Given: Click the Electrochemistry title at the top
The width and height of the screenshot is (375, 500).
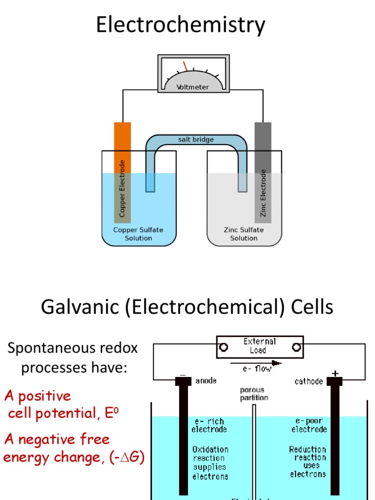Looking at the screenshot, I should click(x=181, y=25).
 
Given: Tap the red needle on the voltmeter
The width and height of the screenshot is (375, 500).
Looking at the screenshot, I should click(x=185, y=66).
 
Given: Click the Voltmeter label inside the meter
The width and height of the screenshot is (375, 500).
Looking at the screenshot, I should click(x=193, y=87).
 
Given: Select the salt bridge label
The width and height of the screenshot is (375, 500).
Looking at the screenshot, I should click(x=196, y=140).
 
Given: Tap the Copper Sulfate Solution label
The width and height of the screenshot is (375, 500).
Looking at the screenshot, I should click(x=138, y=234).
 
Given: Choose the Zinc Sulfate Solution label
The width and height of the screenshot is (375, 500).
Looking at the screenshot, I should click(x=244, y=234).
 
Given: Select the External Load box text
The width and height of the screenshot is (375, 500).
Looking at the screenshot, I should click(x=260, y=346).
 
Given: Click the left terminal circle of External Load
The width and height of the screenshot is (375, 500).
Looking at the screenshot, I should click(x=224, y=347).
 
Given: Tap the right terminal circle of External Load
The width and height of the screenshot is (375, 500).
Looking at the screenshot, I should click(x=296, y=347).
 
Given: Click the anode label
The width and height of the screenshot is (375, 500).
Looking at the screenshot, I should click(x=206, y=381).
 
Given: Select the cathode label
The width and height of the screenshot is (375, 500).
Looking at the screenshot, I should click(x=309, y=381).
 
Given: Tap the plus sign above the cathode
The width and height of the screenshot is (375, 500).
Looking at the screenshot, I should click(x=335, y=374).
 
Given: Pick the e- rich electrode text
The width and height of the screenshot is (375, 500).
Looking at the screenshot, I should click(x=209, y=425).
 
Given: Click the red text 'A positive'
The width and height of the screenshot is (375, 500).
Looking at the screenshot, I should click(x=38, y=396).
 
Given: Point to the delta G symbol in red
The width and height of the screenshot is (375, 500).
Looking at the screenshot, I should click(x=131, y=458).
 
